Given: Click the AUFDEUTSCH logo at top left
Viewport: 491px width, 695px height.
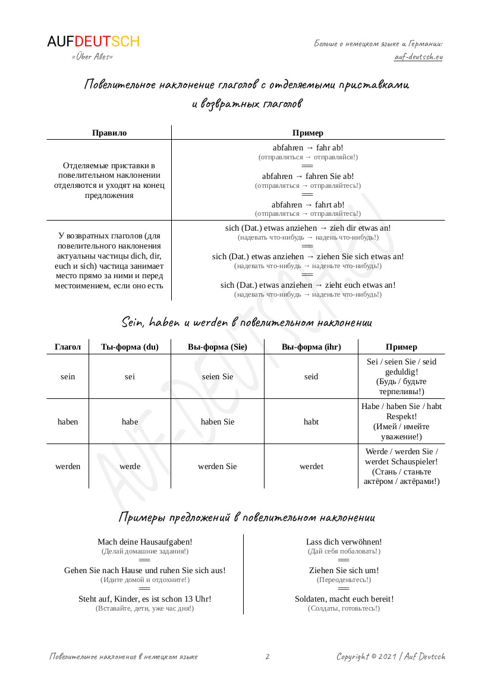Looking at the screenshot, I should [93, 42].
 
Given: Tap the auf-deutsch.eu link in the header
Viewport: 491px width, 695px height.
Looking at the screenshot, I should [418, 57].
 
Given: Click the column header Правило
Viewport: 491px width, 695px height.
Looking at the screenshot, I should [109, 133].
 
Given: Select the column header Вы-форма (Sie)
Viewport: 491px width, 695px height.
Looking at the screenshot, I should [218, 347].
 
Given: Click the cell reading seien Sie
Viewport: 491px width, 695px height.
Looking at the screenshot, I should [218, 376].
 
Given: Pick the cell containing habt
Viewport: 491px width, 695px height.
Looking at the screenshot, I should [311, 422].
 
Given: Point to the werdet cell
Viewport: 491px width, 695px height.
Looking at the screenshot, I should [311, 466].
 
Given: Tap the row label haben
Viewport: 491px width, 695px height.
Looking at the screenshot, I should [68, 422].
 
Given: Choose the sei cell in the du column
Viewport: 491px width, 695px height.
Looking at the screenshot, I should [130, 376].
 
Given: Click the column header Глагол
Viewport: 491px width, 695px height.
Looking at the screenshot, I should [68, 347].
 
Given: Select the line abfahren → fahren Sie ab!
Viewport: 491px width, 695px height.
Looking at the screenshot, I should [308, 176].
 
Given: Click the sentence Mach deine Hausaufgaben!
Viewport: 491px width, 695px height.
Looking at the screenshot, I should [145, 542].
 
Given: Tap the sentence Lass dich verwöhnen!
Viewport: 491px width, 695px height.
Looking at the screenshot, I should [344, 542].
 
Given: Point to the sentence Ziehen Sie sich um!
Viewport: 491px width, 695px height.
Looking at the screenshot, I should [344, 570].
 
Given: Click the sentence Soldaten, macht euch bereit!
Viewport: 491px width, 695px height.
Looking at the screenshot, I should [344, 599].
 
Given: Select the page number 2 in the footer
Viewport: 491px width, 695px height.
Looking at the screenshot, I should [267, 656].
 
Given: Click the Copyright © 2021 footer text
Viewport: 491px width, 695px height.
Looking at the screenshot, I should [391, 656].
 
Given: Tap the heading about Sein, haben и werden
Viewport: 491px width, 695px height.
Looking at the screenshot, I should [247, 322].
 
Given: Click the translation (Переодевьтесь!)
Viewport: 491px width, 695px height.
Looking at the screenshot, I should [344, 580].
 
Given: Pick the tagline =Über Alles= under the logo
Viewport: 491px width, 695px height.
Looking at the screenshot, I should [92, 56].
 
